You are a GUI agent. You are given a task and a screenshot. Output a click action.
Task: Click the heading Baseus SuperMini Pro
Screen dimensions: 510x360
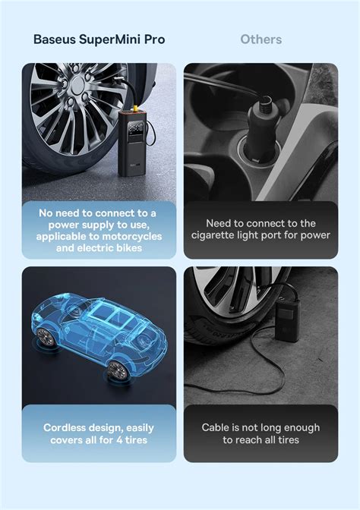99,39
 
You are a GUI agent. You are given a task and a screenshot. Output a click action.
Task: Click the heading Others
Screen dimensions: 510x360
261,39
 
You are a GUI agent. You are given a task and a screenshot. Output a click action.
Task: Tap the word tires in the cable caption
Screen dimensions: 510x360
286,440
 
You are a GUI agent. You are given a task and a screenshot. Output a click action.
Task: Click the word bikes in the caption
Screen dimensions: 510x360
127,248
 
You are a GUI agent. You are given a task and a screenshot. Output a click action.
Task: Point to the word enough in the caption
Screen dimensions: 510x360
301,428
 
